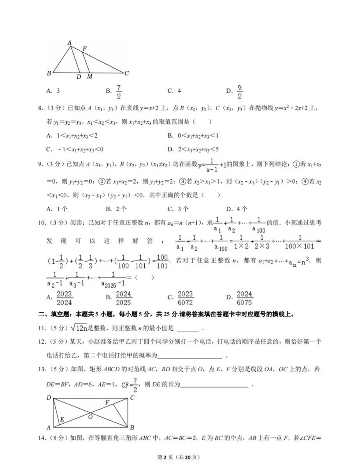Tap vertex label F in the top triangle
[x=84, y=49]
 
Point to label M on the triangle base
[x=89, y=77]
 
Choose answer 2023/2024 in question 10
[x=64, y=298]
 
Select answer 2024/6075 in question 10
[x=244, y=298]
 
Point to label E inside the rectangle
[x=62, y=419]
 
